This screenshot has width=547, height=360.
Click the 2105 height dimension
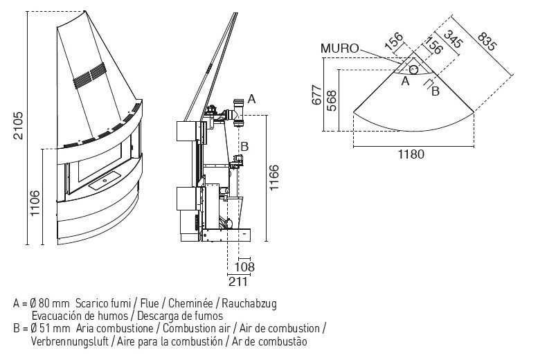click(18, 125)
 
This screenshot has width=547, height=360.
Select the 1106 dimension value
click(35, 203)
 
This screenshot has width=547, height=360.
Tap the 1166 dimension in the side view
click(274, 177)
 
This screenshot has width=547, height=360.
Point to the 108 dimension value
click(244, 267)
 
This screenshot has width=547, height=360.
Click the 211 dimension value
click(238, 281)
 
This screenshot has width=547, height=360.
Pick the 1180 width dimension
click(411, 154)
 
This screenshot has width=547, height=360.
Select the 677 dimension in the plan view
click(316, 95)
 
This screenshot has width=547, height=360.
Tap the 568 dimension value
click(332, 100)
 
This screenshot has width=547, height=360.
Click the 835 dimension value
click(486, 42)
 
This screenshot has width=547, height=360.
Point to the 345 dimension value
click(453, 39)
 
